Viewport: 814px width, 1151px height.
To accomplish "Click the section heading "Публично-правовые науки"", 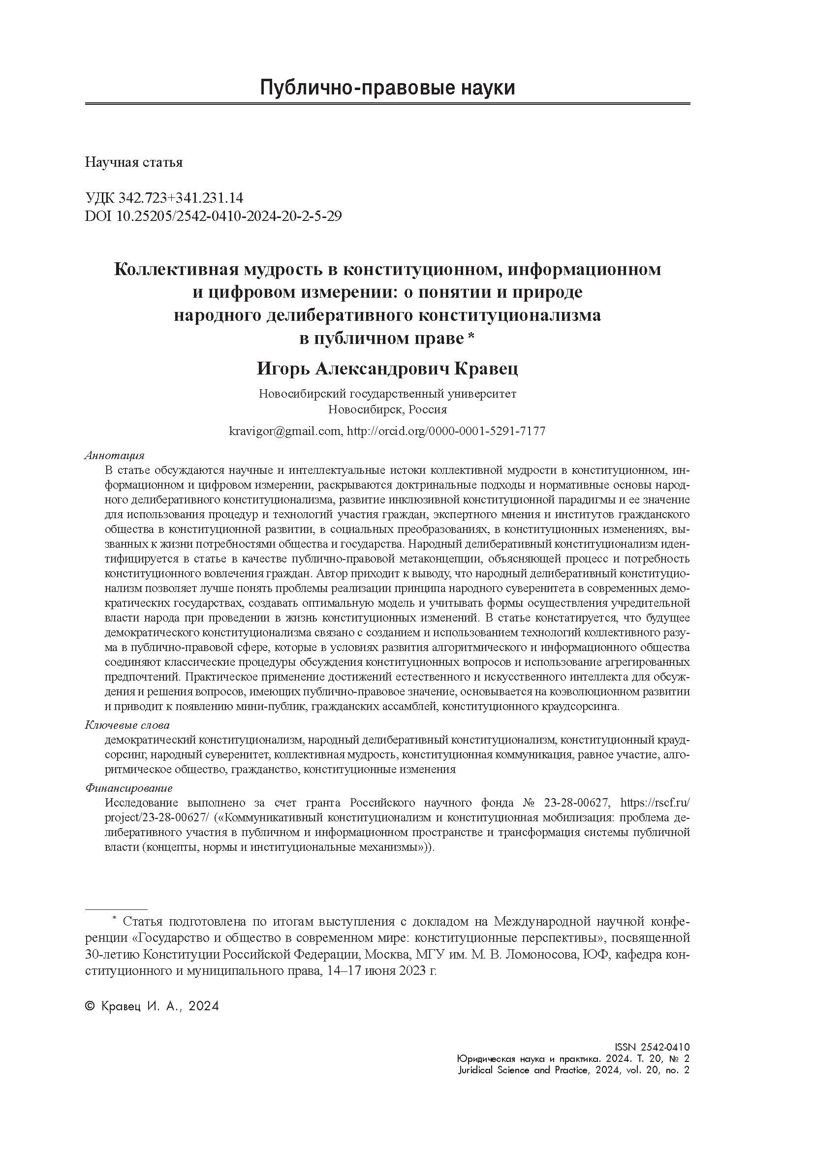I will click(x=387, y=88).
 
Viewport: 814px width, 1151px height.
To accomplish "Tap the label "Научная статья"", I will click(x=134, y=162).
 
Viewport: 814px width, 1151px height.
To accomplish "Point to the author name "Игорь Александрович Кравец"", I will click(x=387, y=369).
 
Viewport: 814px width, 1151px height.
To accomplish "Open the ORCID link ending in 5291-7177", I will click(x=446, y=431).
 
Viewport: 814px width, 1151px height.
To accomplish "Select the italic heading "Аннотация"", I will click(x=115, y=455).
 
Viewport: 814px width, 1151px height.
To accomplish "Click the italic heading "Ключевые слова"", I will click(x=127, y=725).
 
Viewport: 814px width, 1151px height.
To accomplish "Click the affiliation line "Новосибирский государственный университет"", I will click(x=387, y=394).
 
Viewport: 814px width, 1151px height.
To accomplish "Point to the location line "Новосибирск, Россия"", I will click(x=387, y=409).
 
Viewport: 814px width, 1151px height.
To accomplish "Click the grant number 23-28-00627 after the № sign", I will click(x=576, y=803).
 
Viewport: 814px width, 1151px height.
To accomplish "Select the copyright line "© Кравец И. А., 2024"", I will click(x=152, y=1006).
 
